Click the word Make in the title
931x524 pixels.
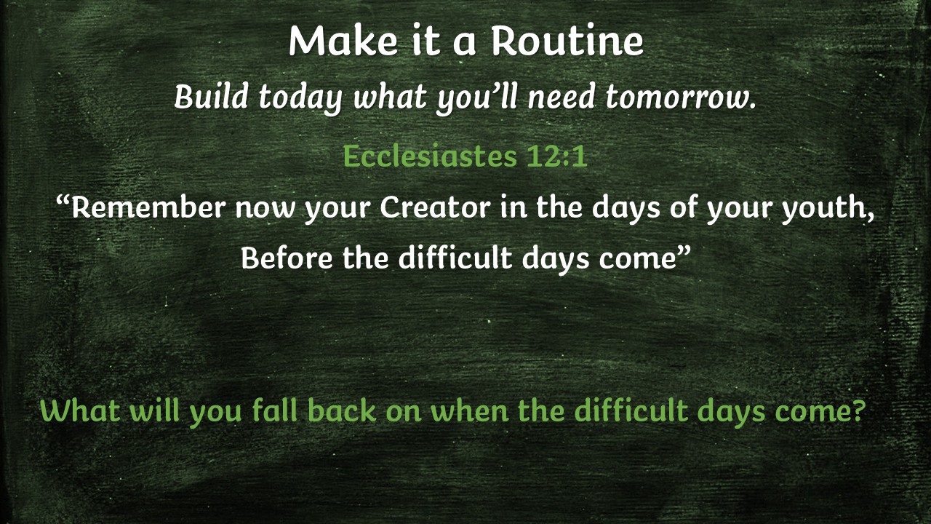[343, 40]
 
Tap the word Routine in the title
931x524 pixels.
[568, 40]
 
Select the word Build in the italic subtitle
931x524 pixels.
[211, 97]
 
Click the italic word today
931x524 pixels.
[300, 98]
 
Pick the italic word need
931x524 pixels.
[562, 97]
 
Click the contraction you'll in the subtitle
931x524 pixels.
[476, 98]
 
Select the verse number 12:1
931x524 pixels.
[557, 156]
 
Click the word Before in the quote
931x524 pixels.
[287, 258]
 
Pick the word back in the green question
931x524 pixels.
[342, 410]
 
